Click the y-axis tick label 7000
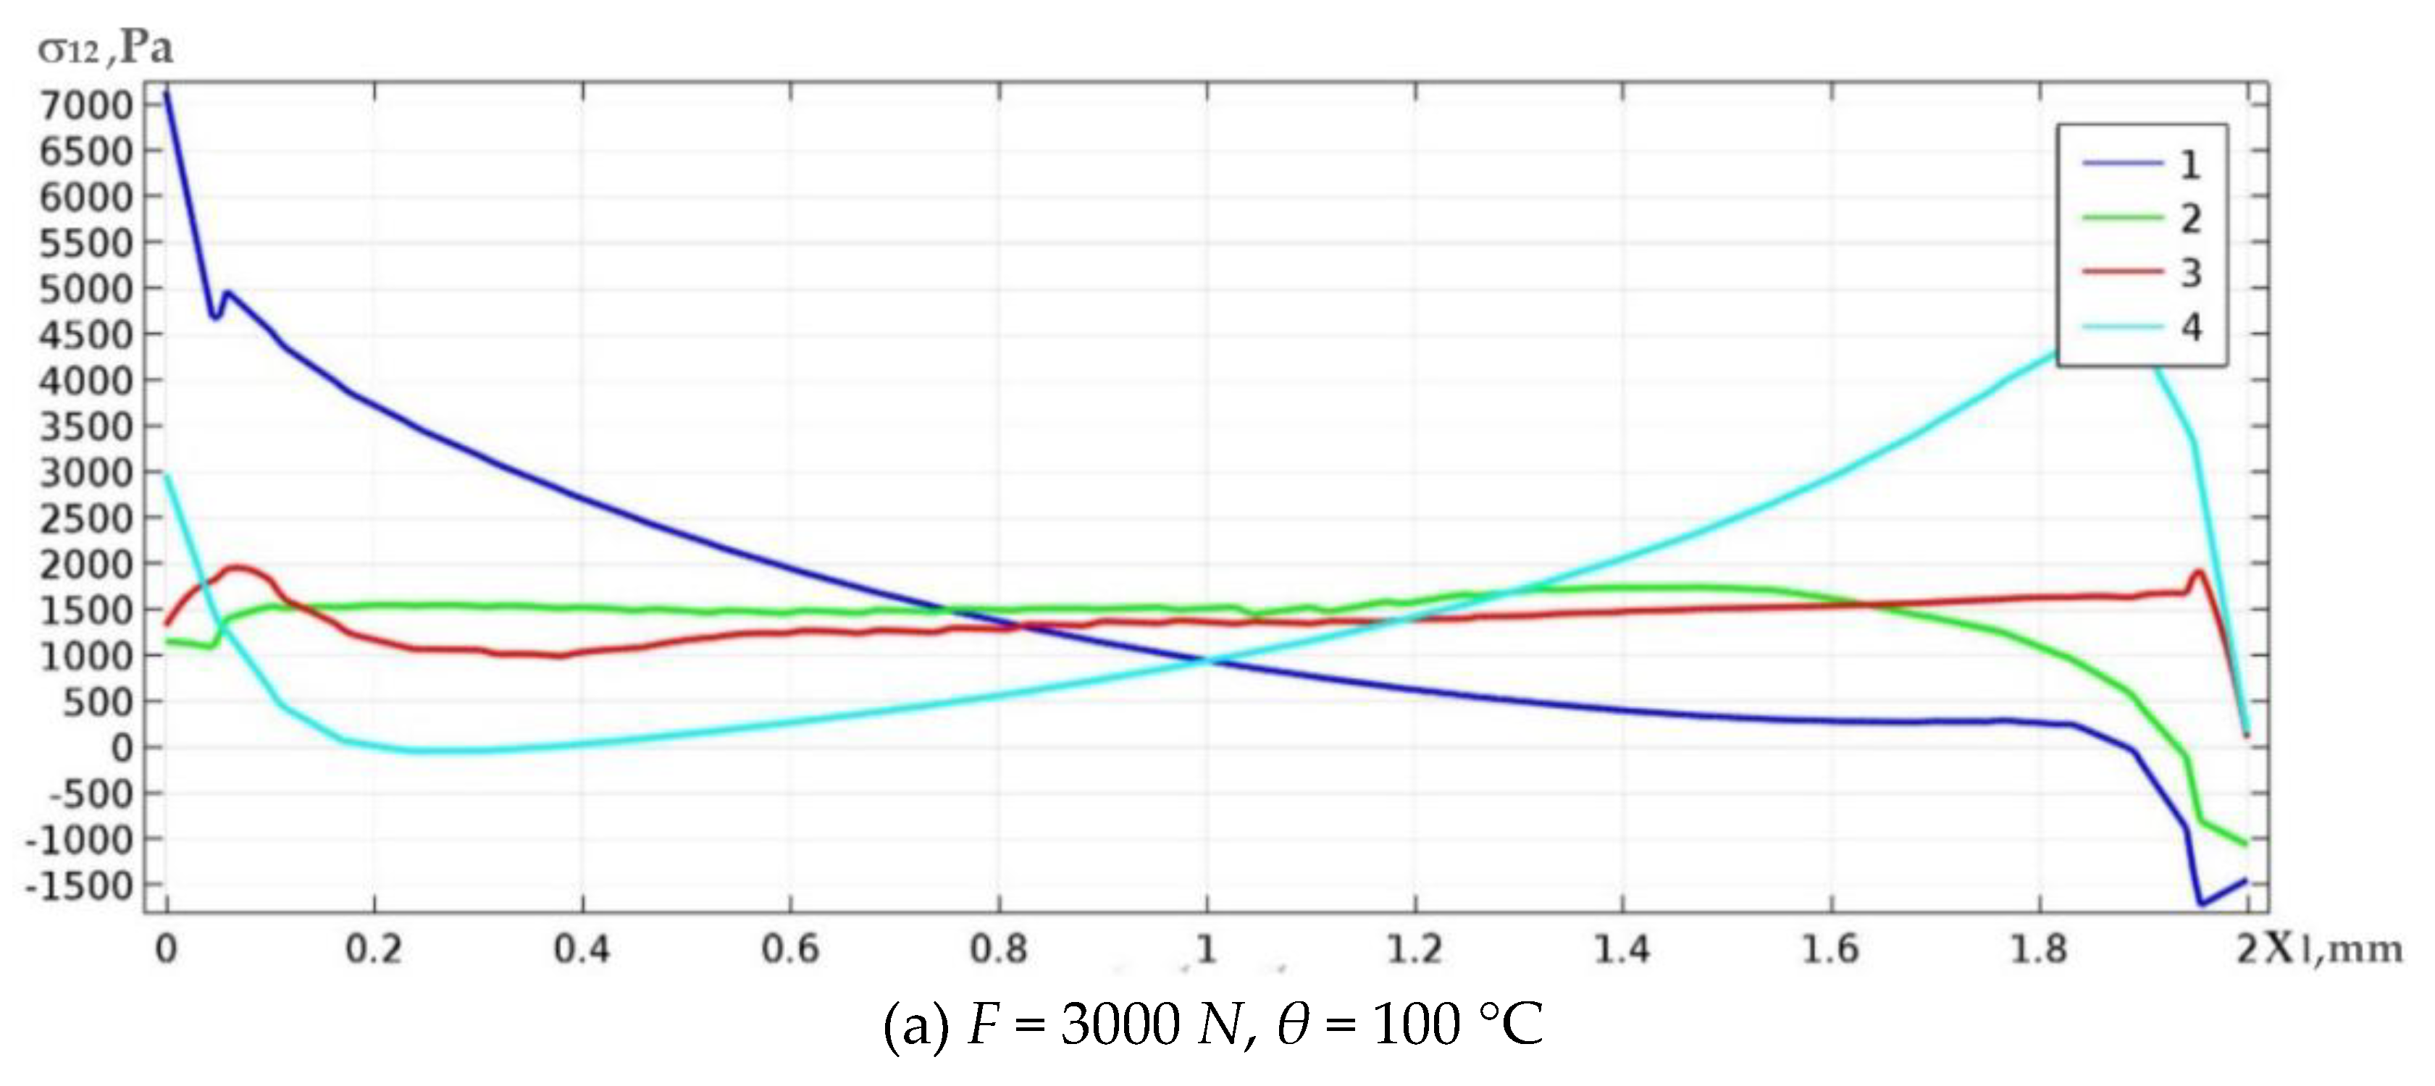tap(86, 104)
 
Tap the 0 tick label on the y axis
tap(122, 748)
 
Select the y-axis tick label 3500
tap(86, 426)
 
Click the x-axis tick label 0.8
tap(998, 948)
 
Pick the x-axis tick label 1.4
tap(1622, 948)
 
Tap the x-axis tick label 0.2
tap(374, 948)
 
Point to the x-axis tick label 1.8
tap(2038, 948)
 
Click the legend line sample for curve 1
tap(2123, 164)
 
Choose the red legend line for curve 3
tap(2123, 272)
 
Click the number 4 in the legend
tap(2191, 327)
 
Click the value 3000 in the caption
tap(1119, 1024)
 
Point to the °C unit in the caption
tap(1509, 1024)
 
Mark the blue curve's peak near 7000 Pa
tap(167, 93)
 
